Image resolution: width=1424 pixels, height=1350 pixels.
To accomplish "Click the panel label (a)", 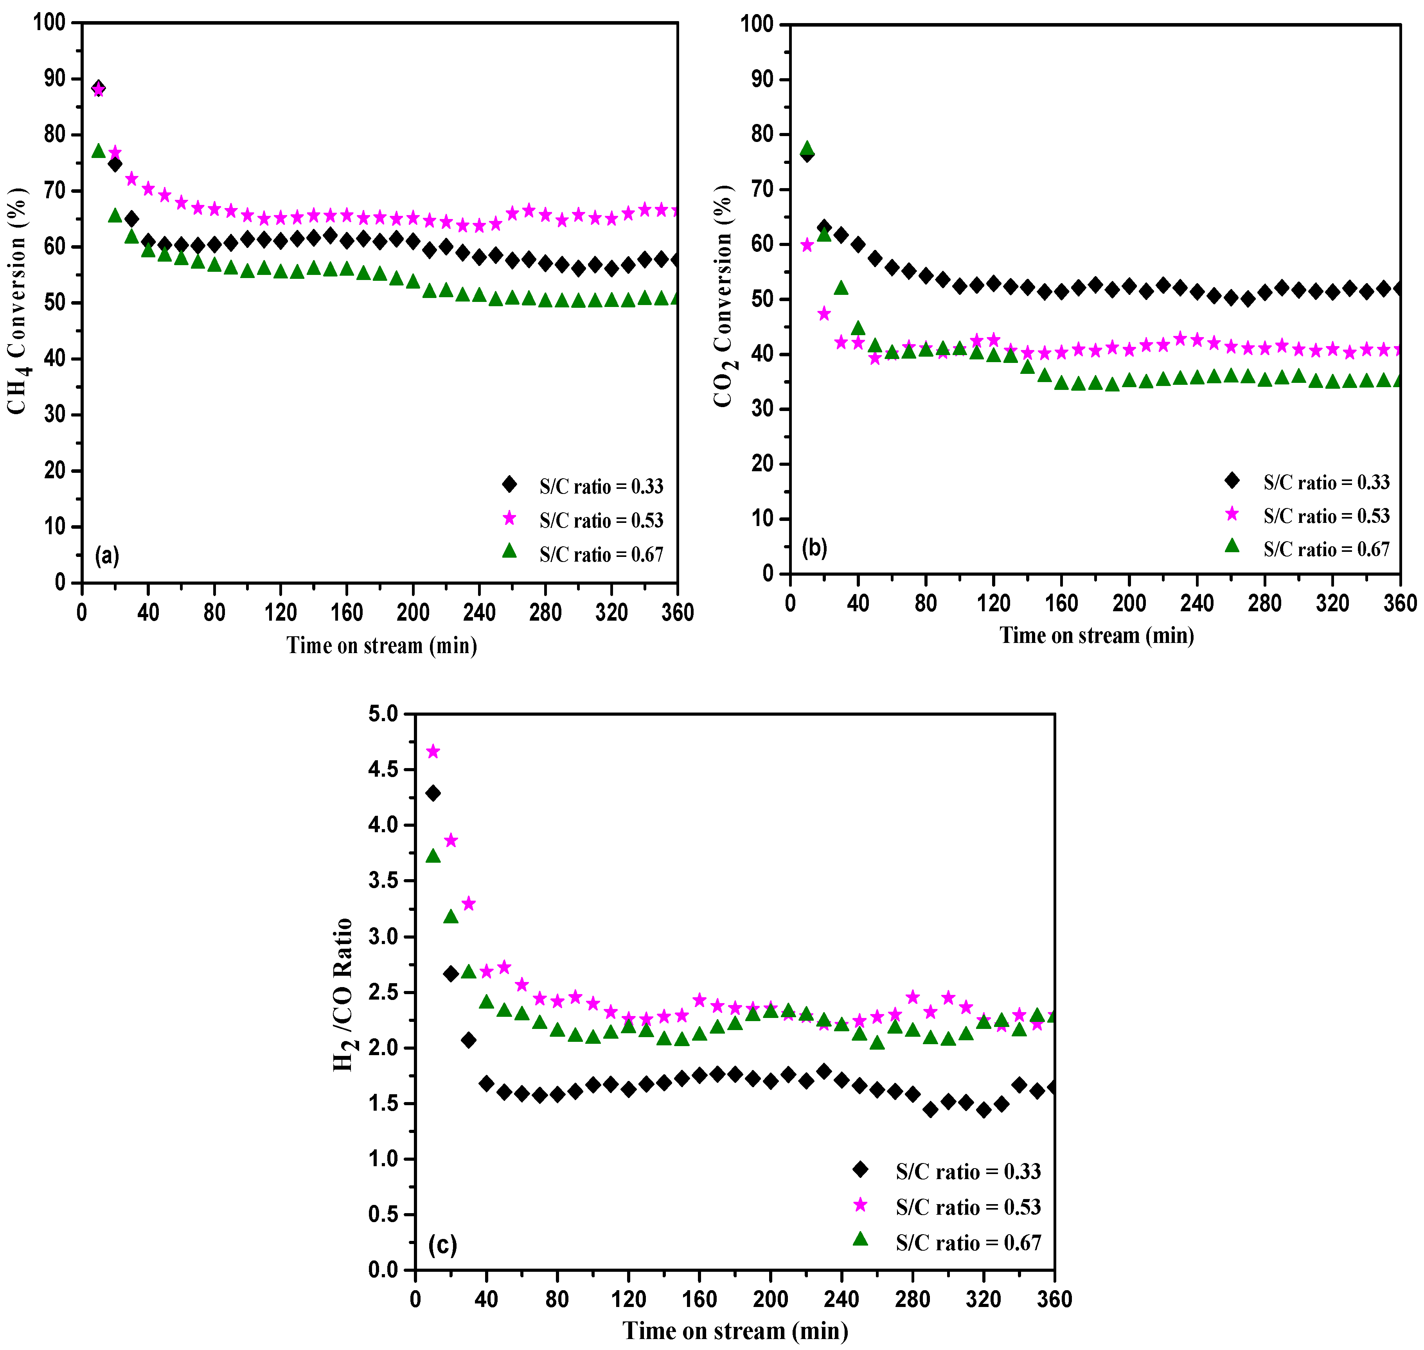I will coord(106,556).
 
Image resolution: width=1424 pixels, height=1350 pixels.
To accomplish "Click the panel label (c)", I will coord(442,1244).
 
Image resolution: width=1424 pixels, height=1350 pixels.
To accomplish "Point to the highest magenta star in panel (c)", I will coord(433,751).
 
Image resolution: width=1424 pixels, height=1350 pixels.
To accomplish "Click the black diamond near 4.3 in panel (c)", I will coord(433,793).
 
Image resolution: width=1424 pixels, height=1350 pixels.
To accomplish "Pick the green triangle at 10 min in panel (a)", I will coord(99,151).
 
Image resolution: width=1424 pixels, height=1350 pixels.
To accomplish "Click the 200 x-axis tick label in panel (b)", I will coord(1129,603).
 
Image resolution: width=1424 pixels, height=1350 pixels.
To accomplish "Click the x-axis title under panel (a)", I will coord(381,645).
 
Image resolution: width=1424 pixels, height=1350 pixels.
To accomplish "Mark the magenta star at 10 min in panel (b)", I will coord(807,245).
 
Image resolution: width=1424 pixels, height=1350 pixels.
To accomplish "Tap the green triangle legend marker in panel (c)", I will coord(860,1239).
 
